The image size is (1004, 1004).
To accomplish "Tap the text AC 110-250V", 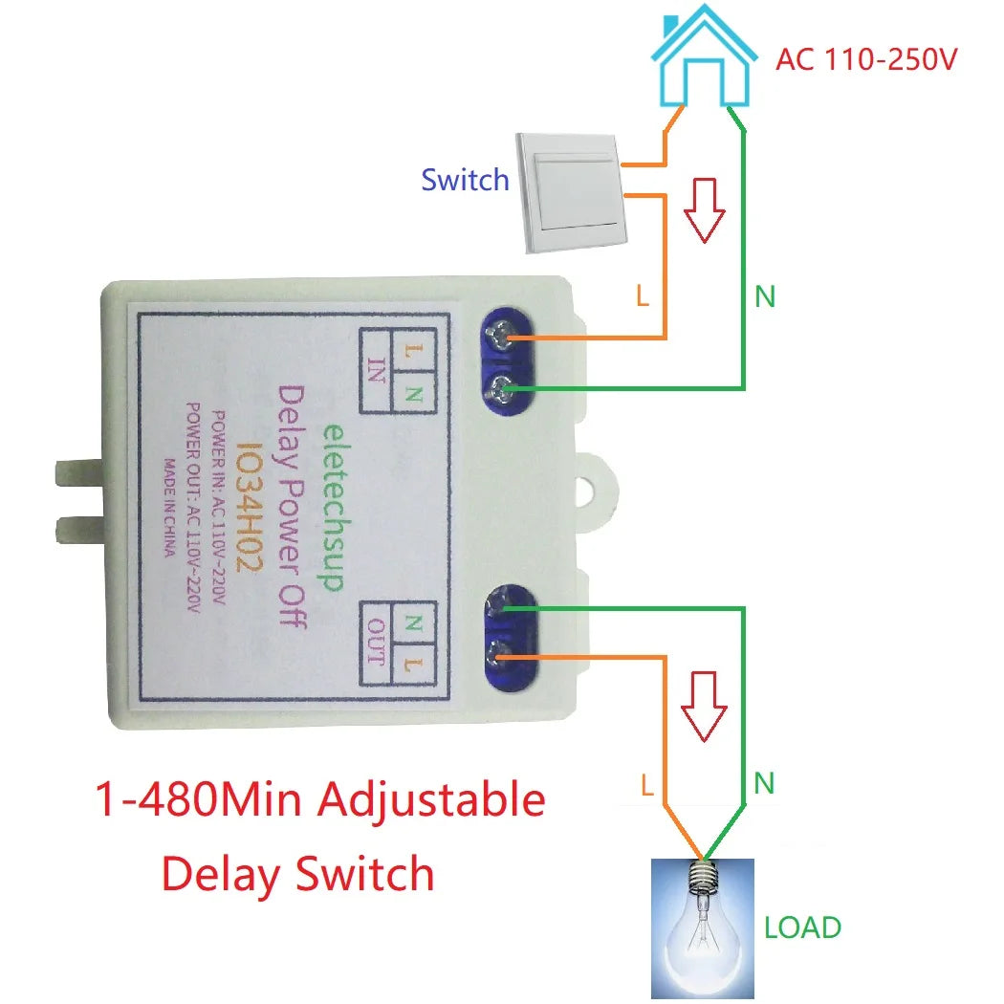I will (866, 59).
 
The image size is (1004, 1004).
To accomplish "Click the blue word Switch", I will (465, 180).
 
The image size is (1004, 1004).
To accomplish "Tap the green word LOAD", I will (802, 928).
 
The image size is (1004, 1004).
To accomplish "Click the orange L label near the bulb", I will (647, 786).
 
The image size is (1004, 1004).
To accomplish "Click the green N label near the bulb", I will (763, 784).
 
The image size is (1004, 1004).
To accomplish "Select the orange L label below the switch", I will (643, 296).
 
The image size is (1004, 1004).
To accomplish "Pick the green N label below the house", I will (764, 297).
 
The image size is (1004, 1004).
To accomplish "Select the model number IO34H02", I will (244, 507).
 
